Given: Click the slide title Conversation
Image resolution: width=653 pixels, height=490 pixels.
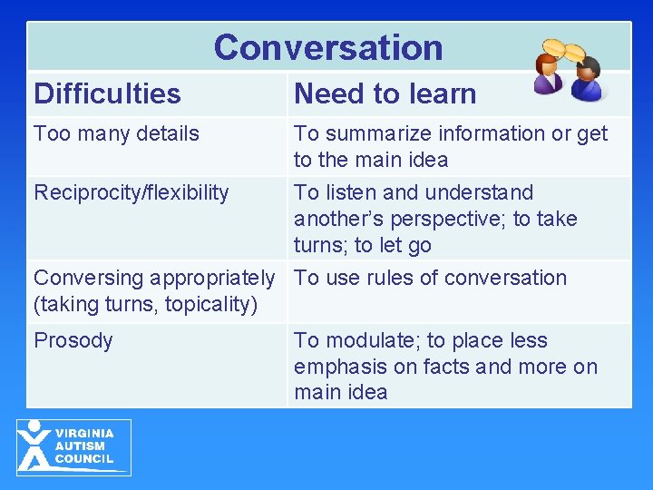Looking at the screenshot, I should (328, 47).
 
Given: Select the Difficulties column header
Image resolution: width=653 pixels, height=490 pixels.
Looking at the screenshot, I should (107, 93).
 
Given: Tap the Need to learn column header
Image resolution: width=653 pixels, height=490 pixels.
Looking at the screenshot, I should (385, 93).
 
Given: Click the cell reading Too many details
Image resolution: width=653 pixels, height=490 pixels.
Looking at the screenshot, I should (116, 133).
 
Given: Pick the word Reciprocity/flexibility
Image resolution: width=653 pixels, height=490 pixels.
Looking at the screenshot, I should (131, 192).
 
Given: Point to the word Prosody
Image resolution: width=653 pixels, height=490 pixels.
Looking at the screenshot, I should (73, 341).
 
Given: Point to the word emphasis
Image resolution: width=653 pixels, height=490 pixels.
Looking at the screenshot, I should (336, 367).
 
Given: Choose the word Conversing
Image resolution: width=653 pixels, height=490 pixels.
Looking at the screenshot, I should (89, 278).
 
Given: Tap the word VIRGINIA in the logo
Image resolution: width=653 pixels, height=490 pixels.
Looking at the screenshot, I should (84, 434).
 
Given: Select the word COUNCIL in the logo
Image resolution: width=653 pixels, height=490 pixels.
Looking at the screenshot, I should (84, 459).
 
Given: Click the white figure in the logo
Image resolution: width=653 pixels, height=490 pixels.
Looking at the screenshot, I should (34, 446).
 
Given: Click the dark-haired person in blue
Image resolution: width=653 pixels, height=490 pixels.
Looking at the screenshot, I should (589, 80).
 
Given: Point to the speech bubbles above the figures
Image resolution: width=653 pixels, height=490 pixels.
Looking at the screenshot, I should (565, 49).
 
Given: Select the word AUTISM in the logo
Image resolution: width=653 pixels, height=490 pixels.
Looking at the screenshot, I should (80, 446).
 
